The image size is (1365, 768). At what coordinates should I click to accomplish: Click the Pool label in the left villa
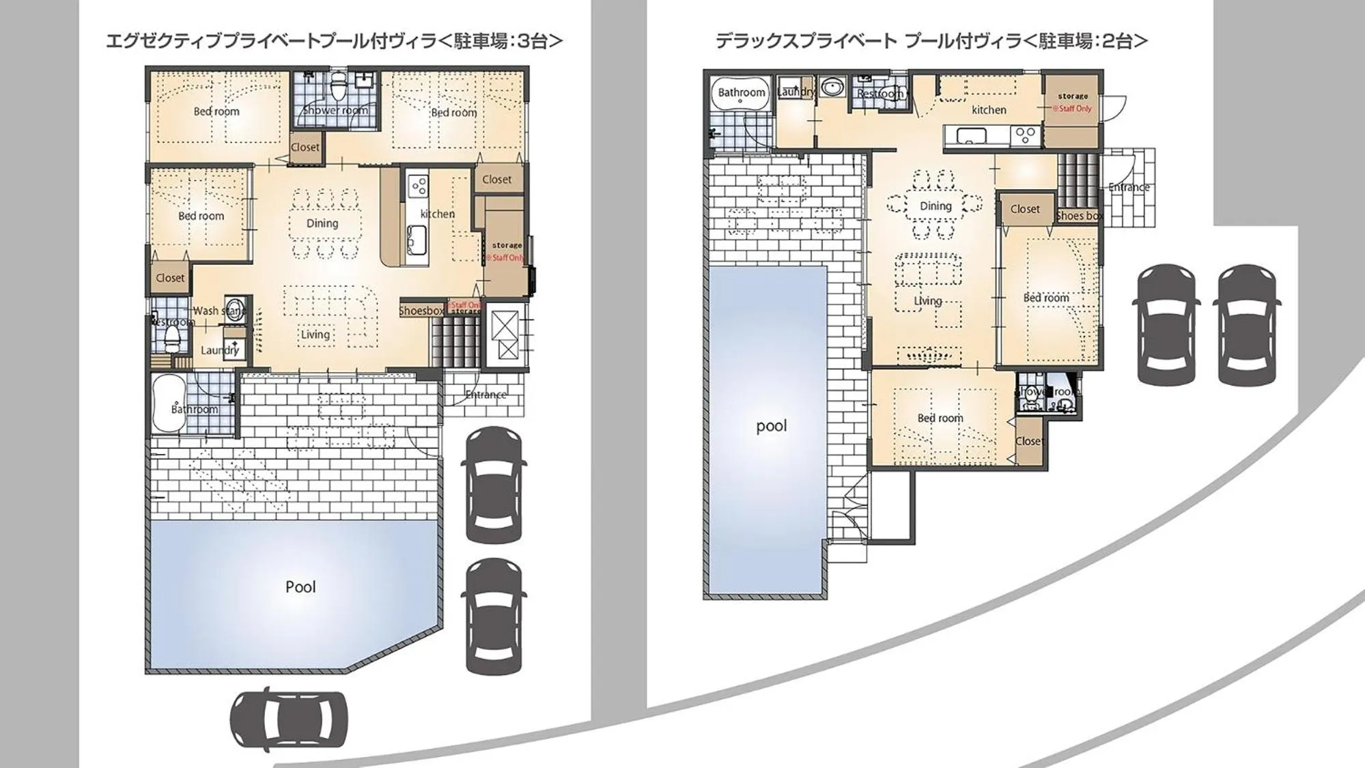pos(300,587)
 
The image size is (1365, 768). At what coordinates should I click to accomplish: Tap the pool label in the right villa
pos(772,426)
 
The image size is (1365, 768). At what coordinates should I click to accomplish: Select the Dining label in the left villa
pos(322,223)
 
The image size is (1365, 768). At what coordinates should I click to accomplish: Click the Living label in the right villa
pos(928,301)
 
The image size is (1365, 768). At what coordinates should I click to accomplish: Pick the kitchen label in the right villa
pos(989,109)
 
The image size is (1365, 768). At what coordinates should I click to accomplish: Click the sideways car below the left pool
pos(289,720)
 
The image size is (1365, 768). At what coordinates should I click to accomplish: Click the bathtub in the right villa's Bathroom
pos(741,94)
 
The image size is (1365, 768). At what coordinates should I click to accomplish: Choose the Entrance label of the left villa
pos(486,395)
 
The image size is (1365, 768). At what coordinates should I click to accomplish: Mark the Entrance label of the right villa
pos(1129,187)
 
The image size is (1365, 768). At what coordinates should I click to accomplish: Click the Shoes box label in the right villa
pos(1080,216)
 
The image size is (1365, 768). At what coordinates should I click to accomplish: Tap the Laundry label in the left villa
pos(220,350)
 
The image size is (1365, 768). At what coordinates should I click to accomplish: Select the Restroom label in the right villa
pos(879,94)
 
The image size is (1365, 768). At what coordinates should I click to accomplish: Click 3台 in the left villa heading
pos(539,41)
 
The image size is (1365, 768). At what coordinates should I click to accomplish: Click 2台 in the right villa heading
pos(1123,41)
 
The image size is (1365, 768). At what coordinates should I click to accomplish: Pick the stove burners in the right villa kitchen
pos(1026,134)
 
